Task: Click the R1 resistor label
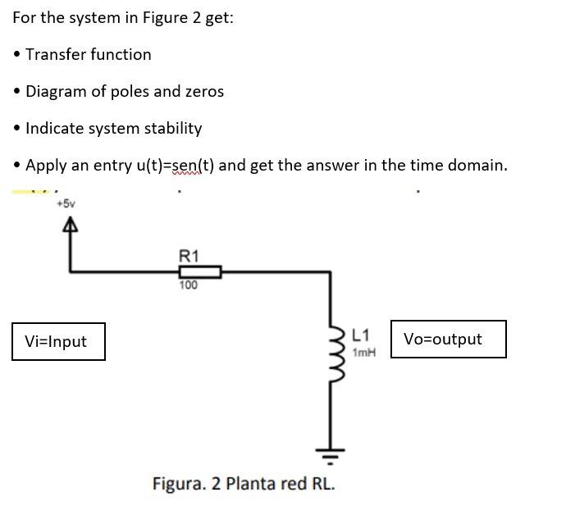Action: pos(188,256)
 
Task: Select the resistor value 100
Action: pos(189,285)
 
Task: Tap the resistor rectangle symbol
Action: pos(199,271)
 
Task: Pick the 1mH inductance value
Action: pos(364,352)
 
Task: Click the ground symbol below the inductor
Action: pos(331,453)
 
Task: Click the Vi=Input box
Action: pos(58,341)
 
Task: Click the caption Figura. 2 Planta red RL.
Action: pos(244,483)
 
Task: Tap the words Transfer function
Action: pos(89,55)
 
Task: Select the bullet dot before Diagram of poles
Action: pos(17,92)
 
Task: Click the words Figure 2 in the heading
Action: pos(172,18)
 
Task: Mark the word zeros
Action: pos(204,92)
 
